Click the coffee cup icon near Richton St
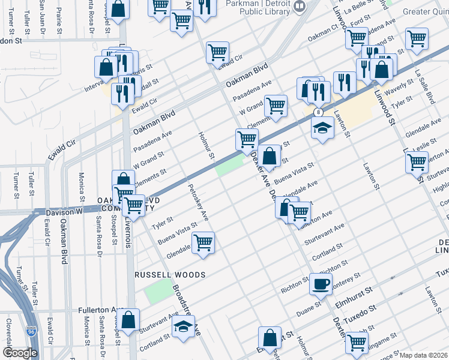click(321, 283)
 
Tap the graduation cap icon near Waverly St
click(322, 128)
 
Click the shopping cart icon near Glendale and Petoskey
click(203, 243)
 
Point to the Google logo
click(20, 353)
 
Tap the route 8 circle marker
click(318, 112)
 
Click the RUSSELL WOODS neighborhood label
click(170, 275)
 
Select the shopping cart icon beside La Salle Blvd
click(416, 40)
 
